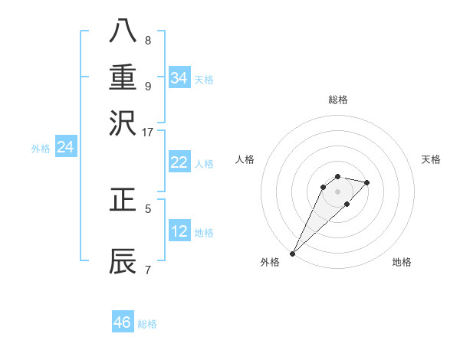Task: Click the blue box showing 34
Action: [x=179, y=78]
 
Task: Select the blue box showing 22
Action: [x=179, y=162]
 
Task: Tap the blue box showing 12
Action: [x=179, y=231]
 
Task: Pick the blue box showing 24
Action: [x=66, y=147]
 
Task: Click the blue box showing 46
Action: [x=123, y=322]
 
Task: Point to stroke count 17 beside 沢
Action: [x=147, y=132]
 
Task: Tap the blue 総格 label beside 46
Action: [x=147, y=324]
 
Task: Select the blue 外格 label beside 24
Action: [x=41, y=149]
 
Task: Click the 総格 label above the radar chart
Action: [x=338, y=100]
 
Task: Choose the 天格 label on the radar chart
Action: [x=431, y=159]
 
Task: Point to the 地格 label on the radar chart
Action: [x=402, y=262]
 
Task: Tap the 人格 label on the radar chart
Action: [x=245, y=159]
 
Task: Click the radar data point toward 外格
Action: [x=292, y=254]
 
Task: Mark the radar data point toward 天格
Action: [x=367, y=182]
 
